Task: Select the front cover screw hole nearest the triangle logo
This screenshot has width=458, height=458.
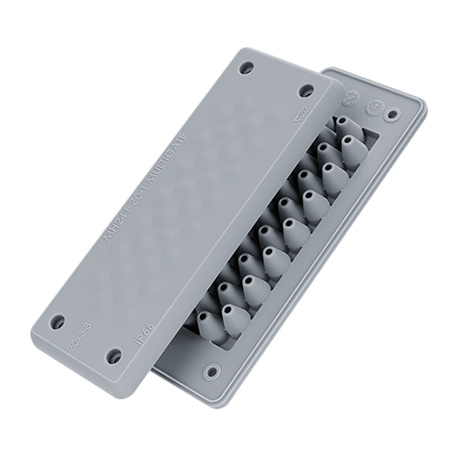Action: coord(305,90)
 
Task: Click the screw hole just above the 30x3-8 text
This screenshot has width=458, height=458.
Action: coord(58,322)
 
